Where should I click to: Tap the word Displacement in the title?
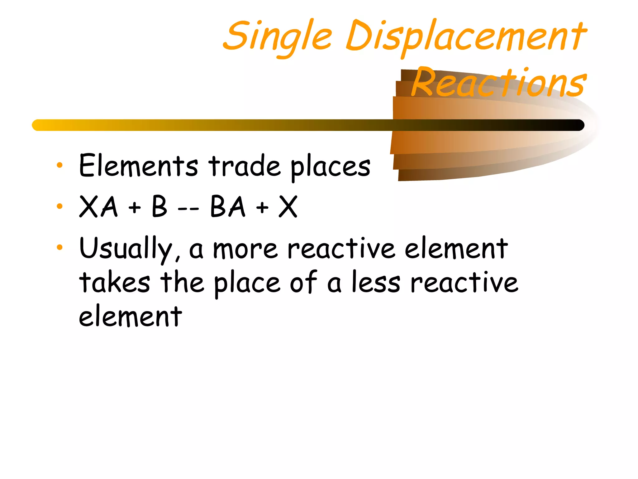click(466, 36)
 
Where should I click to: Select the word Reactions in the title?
click(498, 83)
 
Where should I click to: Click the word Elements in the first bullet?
click(138, 166)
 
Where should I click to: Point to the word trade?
click(245, 166)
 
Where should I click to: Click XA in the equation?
click(98, 206)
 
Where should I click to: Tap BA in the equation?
click(228, 206)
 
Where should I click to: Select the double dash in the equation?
click(188, 208)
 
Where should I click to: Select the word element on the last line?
click(130, 316)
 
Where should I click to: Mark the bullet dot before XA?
click(60, 206)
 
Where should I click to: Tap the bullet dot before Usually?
click(60, 248)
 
